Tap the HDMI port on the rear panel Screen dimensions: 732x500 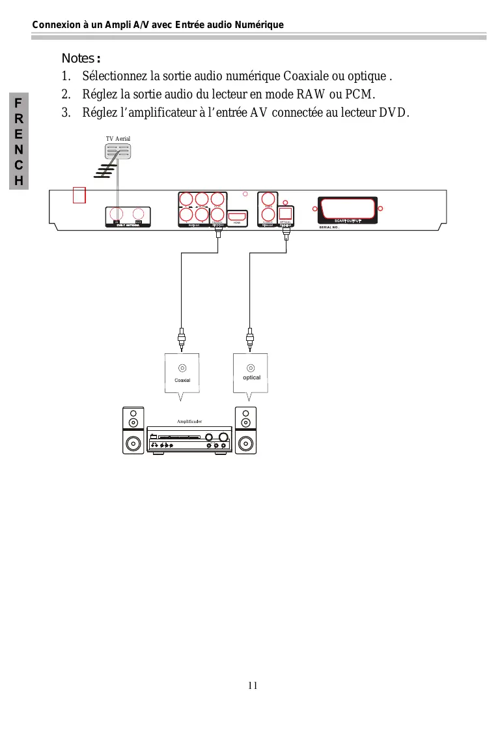click(x=237, y=216)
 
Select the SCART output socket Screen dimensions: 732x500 click(x=348, y=210)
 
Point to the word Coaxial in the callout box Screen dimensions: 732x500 click(x=182, y=380)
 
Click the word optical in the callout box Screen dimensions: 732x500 click(x=251, y=377)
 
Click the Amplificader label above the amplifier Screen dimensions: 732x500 click(x=189, y=422)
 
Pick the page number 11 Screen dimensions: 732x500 click(x=253, y=685)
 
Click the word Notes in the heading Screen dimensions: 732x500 click(x=78, y=59)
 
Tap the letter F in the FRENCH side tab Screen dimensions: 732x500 click(x=20, y=104)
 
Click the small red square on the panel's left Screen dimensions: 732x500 click(x=79, y=195)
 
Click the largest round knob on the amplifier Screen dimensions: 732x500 click(x=223, y=437)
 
